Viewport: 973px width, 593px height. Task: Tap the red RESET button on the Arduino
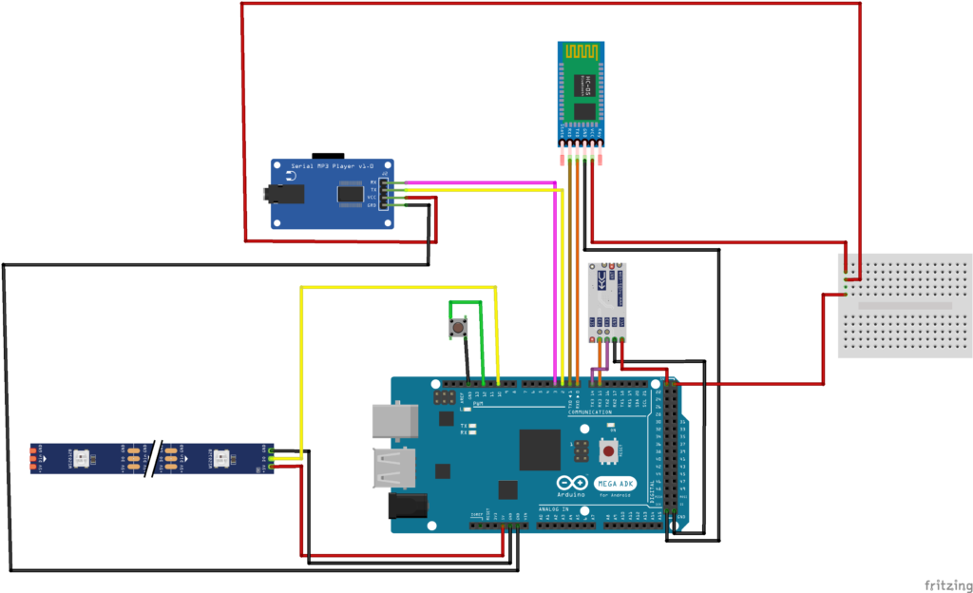pos(611,450)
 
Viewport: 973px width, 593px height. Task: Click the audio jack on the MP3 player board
pos(285,195)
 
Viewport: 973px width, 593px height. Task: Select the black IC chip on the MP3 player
pos(351,194)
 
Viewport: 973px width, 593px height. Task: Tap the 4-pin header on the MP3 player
pos(384,193)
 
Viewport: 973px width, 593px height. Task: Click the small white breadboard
pos(906,305)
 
